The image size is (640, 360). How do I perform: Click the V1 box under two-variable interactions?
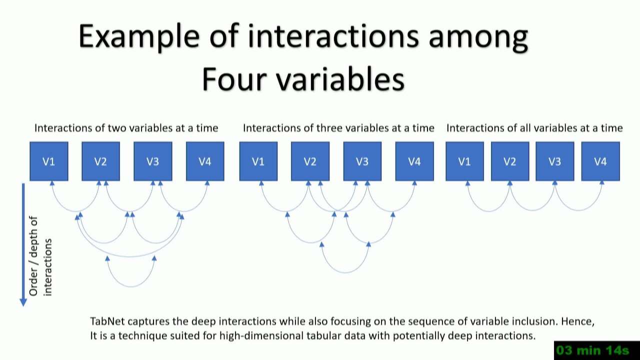49,161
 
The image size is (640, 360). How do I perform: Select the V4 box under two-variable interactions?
205,161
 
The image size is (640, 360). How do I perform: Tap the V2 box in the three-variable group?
310,161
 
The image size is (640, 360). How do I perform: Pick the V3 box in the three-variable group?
362,161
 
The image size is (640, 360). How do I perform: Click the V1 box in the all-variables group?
465,161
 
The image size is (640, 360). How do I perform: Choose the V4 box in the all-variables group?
600,161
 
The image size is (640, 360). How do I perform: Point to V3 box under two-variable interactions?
153,161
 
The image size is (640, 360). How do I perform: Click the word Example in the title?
139,37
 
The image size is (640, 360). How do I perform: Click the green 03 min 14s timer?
592,350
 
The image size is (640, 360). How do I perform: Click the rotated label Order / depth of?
33,256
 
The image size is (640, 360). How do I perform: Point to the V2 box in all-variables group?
510,161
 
